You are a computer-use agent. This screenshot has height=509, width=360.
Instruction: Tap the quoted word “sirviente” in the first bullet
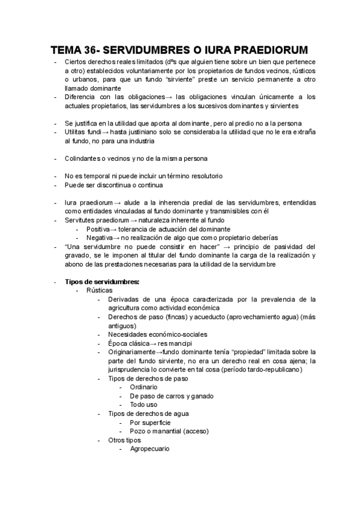pos(181,79)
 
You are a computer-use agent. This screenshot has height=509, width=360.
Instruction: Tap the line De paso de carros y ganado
pos(171,396)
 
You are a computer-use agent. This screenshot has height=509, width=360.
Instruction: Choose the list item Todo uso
pos(145,405)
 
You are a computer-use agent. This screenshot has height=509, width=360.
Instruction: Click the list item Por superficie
pos(150,422)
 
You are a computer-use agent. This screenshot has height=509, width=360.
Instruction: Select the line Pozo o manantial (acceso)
pos(169,431)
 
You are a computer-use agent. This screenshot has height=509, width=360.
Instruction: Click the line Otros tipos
pos(124,439)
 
